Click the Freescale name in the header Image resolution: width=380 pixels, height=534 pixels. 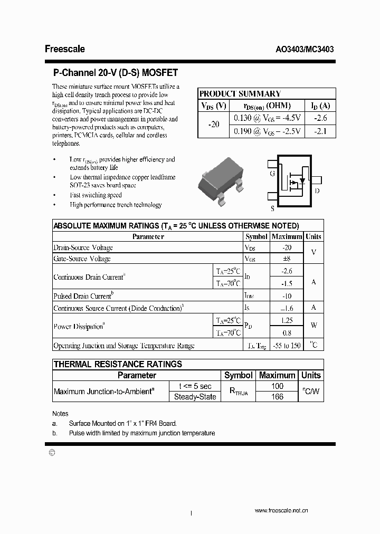64,49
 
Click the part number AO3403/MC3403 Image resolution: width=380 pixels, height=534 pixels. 305,49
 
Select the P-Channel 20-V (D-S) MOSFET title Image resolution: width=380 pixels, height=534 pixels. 116,73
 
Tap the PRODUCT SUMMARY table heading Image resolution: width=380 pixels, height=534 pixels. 240,93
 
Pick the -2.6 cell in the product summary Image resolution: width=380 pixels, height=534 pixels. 320,119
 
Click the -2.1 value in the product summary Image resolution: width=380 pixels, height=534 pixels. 320,131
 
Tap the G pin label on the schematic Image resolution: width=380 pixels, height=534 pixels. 272,173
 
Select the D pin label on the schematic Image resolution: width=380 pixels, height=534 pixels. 317,191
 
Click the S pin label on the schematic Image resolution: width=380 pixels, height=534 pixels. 272,208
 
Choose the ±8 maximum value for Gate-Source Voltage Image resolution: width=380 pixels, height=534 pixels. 287,259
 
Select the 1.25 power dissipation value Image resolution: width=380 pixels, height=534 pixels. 287,320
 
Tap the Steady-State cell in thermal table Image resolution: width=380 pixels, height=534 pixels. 195,397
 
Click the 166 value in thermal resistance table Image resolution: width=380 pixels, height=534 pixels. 277,397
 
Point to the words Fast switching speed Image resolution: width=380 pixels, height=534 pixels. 96,195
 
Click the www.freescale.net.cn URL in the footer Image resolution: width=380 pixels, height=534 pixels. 281,511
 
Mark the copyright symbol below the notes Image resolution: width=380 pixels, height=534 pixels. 51,452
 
